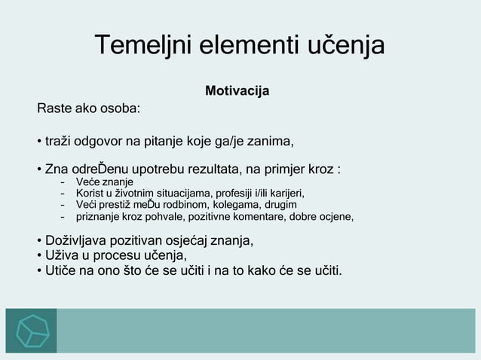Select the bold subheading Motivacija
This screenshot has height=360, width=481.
[237, 92]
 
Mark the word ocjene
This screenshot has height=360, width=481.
[333, 217]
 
